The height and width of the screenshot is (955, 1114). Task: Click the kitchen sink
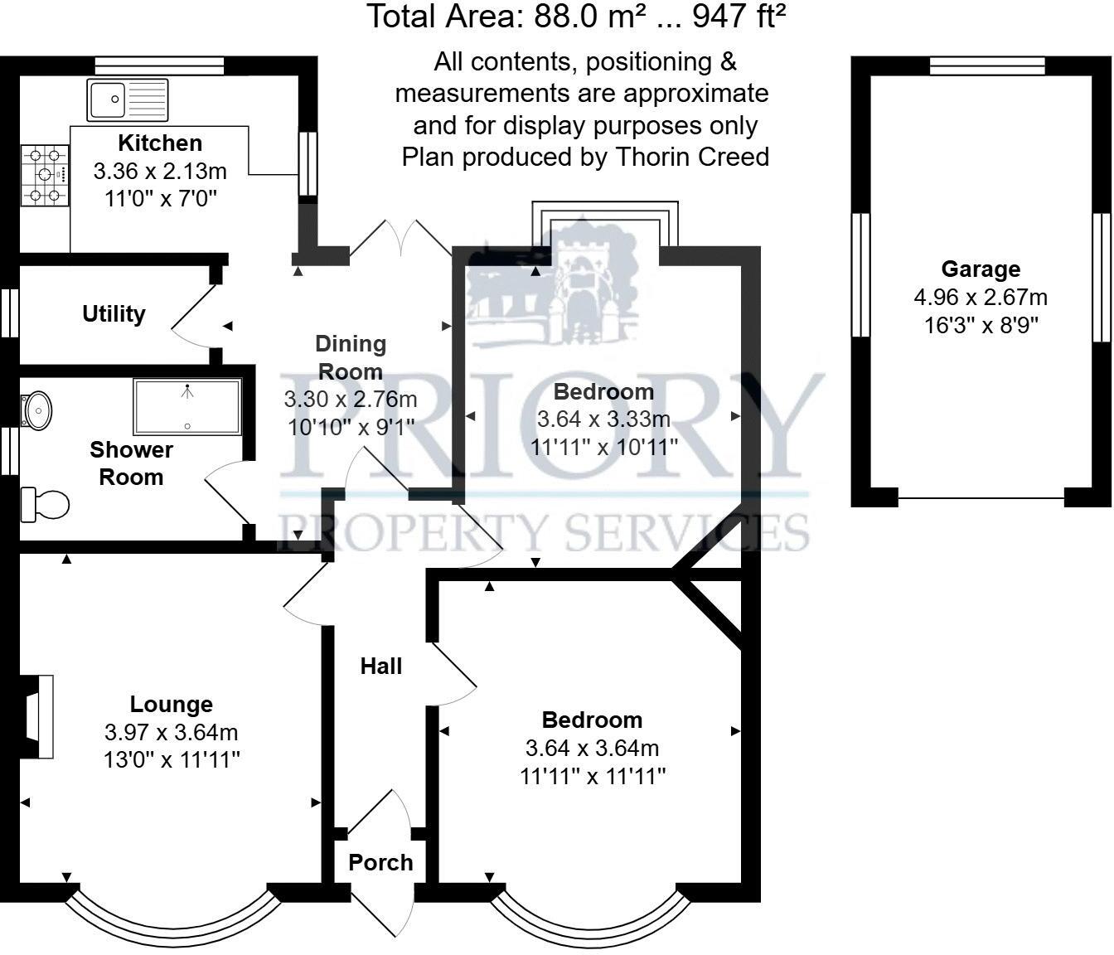[128, 99]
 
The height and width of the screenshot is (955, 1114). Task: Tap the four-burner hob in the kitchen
[44, 175]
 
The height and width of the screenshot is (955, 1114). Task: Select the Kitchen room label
[160, 143]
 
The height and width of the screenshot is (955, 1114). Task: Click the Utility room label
[114, 314]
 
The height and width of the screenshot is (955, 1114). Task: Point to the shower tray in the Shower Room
[187, 407]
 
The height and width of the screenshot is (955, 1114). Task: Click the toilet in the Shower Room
[46, 504]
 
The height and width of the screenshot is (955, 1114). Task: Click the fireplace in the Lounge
[37, 716]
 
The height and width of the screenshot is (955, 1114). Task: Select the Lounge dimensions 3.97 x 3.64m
[171, 733]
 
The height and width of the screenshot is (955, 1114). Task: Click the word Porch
[380, 863]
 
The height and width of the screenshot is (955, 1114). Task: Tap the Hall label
[381, 667]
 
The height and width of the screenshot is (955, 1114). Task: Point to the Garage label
[981, 269]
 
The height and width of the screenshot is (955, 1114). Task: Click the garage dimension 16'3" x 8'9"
[981, 324]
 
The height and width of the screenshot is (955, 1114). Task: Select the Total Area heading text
[576, 17]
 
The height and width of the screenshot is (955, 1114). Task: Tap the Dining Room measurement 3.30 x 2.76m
[350, 400]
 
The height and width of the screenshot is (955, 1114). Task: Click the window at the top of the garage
[986, 66]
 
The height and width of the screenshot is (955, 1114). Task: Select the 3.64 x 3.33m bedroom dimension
[603, 419]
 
